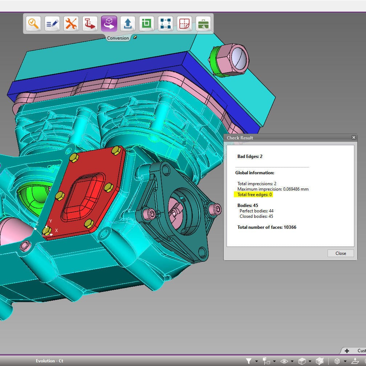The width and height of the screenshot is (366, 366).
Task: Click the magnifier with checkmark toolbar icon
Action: pos(33,24)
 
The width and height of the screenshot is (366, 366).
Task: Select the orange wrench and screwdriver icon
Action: pos(71,24)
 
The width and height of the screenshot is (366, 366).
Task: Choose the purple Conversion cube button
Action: pos(109,24)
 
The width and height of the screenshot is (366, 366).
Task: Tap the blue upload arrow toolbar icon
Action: pos(127,24)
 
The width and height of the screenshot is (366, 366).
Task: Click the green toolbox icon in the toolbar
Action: pos(203,24)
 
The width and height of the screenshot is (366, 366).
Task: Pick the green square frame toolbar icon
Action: pos(146,24)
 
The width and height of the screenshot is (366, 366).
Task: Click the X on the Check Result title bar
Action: pos(354,138)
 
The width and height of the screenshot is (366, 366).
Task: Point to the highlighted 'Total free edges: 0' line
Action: pos(255,195)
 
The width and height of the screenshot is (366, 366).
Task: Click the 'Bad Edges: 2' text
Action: pos(250,156)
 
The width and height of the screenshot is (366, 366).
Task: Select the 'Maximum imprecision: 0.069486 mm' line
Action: pos(273,189)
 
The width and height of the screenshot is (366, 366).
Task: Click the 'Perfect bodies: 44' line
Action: pos(256,211)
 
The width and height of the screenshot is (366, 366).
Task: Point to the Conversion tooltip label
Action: pos(118,38)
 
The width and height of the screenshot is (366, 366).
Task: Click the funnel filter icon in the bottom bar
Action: pos(249,361)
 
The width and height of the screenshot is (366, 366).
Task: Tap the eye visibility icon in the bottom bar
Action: pos(284,361)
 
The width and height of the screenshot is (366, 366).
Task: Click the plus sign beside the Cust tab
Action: pos(347,351)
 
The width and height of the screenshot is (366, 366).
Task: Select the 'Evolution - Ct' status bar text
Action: pos(49,361)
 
